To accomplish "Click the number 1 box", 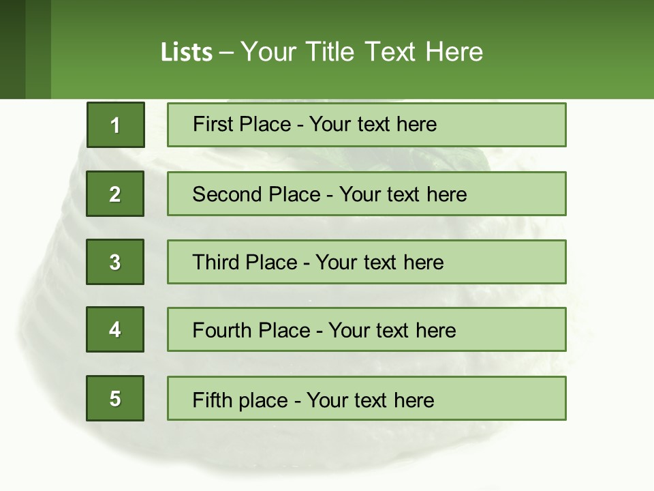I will [115, 125].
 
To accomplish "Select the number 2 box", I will [115, 194].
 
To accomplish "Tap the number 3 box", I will [115, 262].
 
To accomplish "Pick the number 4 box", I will [115, 329].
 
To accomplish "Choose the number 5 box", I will [115, 398].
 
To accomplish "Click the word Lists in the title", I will [187, 53].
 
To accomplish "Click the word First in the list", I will [212, 124].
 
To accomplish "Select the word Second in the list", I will [228, 194].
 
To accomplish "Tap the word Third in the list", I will [216, 263].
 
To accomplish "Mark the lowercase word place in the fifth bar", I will [262, 400].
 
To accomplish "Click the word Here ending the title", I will [454, 52].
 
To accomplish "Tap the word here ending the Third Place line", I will [424, 263].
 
